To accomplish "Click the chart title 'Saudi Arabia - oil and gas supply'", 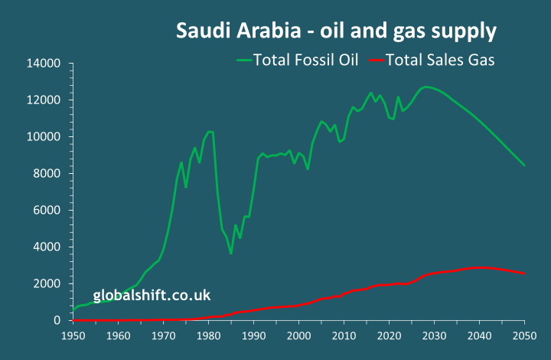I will tap(336, 31).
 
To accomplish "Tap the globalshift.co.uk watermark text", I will tap(152, 295).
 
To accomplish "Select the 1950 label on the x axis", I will tap(73, 335).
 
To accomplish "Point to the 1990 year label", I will tap(254, 335).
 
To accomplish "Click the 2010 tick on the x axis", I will tap(344, 335).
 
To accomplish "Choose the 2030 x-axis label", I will tap(435, 335).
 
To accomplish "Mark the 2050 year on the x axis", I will tap(525, 335).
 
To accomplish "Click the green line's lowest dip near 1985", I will tap(231, 254).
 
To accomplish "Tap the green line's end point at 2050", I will tap(525, 165).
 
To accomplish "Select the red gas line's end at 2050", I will tap(525, 273).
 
